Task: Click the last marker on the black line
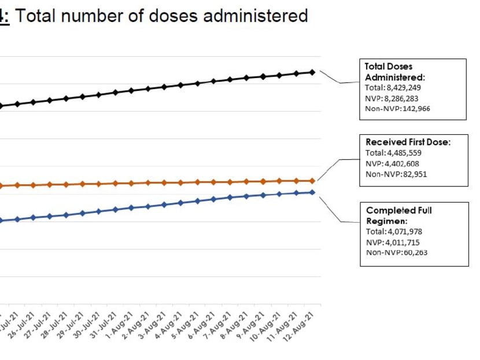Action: pos(313,72)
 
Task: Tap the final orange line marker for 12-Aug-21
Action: pos(313,181)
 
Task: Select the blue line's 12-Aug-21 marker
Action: pos(313,192)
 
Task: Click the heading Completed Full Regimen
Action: pos(399,215)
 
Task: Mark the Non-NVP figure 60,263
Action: pos(408,252)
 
